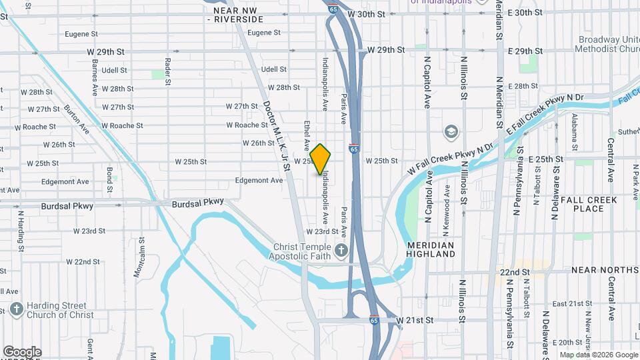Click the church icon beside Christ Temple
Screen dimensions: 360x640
tap(342, 251)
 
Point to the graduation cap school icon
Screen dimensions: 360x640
tap(451, 131)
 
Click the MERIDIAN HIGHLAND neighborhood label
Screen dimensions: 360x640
tap(431, 249)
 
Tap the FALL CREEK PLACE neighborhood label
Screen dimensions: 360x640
tap(589, 204)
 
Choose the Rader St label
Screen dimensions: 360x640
tap(167, 67)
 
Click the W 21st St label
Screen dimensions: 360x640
tap(415, 321)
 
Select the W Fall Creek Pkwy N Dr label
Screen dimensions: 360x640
tap(450, 158)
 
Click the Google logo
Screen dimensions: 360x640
tap(21, 352)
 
